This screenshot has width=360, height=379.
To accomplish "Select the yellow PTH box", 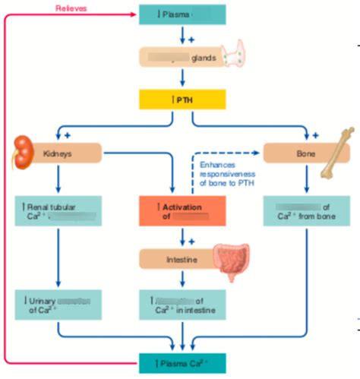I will (182, 99).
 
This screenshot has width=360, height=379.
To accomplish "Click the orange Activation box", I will (182, 211).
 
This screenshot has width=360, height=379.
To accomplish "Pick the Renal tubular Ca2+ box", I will (58, 211).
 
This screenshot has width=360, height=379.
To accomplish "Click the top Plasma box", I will (182, 13).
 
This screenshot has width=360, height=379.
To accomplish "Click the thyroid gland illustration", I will (237, 55).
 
